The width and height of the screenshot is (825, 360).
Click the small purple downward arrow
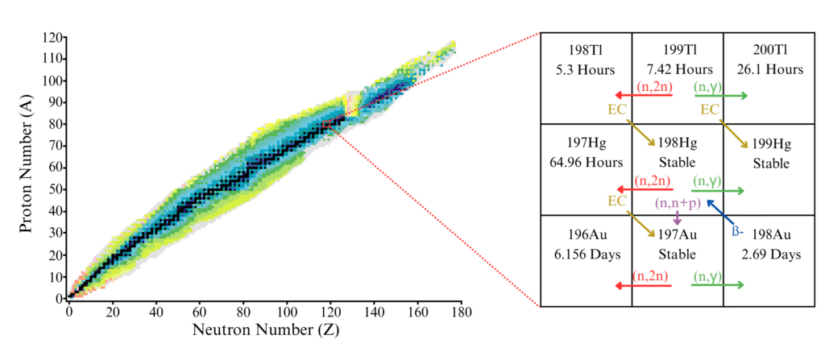point(677,217)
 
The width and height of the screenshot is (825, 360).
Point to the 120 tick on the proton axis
point(54,38)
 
